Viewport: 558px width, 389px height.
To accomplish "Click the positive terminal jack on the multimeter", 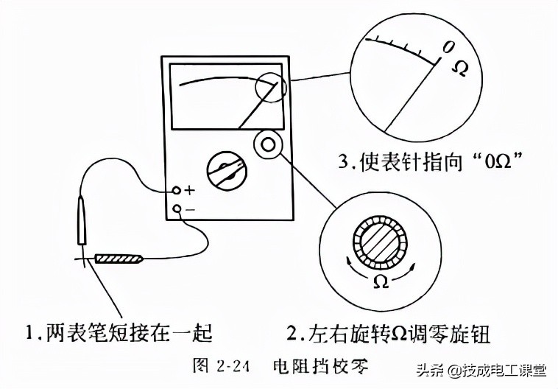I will (177, 190).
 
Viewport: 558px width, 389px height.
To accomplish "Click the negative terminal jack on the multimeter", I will (177, 208).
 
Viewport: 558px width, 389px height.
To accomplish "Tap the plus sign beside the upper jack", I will (189, 190).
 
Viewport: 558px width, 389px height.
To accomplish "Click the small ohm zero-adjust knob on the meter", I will (266, 144).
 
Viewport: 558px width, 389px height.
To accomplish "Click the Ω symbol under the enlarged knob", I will (381, 281).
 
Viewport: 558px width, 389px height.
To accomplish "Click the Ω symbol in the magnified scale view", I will (458, 69).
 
